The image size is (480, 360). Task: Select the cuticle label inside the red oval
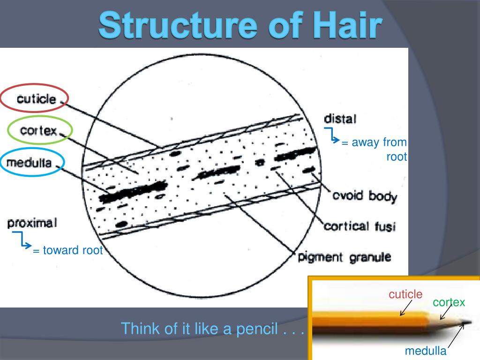(37, 99)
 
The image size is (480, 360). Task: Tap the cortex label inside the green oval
(38, 130)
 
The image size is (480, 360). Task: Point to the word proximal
(32, 223)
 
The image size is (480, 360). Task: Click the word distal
(340, 119)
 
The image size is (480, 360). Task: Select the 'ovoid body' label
(364, 195)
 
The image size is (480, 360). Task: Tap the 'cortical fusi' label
(360, 226)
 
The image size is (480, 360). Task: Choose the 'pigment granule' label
(345, 257)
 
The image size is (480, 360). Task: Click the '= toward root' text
(67, 250)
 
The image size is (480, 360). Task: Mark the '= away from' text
(374, 142)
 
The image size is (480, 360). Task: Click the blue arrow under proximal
(23, 241)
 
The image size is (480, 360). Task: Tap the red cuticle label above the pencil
(405, 294)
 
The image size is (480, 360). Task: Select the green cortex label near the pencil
(449, 302)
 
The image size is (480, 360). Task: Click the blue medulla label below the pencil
(426, 351)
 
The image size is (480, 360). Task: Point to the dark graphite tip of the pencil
(467, 322)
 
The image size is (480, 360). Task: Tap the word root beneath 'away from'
(397, 157)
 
